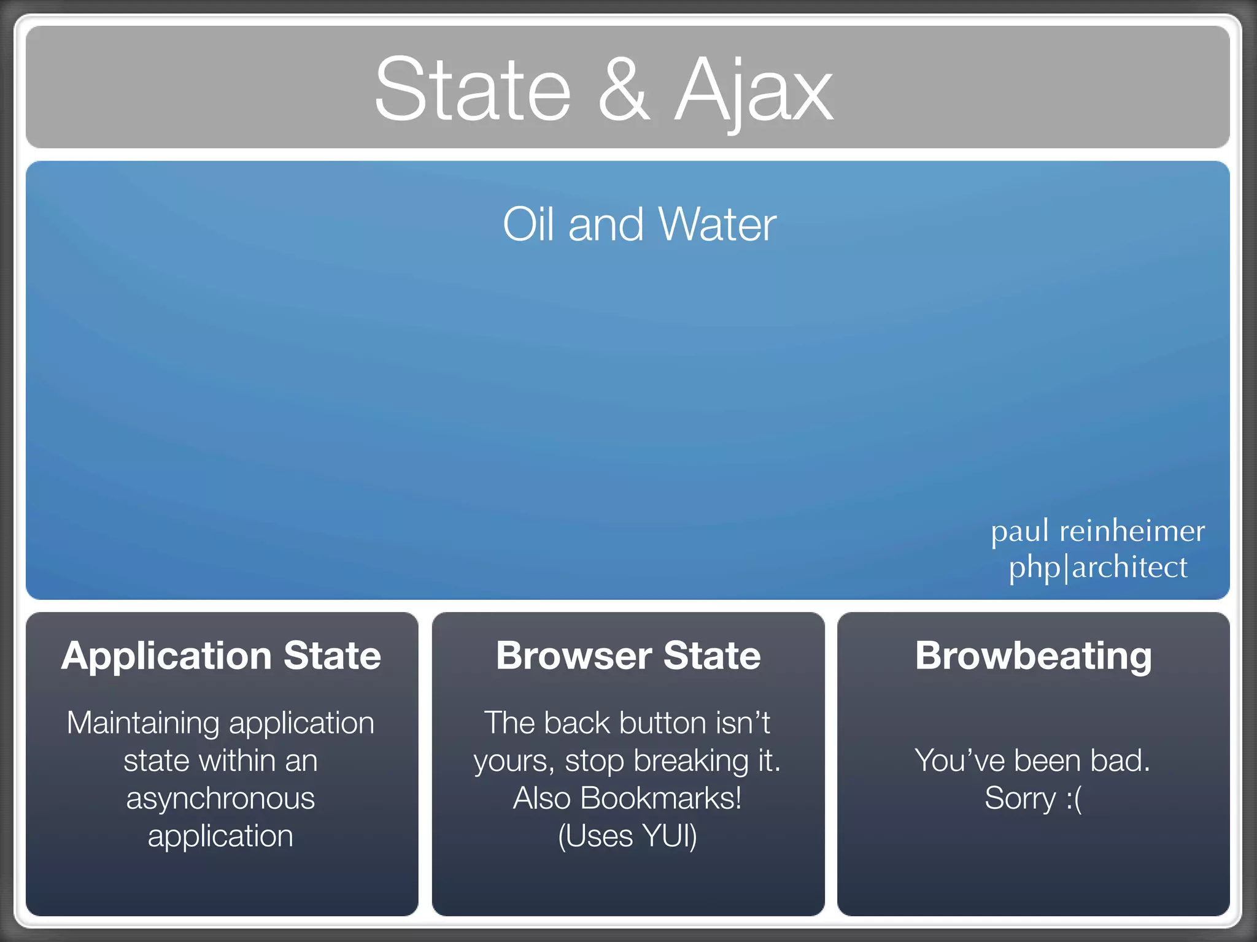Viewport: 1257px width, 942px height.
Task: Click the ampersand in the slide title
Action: [624, 90]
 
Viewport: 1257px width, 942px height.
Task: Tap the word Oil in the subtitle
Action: [530, 224]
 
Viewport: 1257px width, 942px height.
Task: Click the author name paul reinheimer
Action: [1097, 531]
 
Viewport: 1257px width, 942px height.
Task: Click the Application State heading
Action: [221, 656]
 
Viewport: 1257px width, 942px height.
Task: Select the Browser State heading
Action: [628, 656]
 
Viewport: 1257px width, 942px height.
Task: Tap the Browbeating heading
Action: [1033, 656]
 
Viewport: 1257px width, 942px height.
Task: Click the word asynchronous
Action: [220, 798]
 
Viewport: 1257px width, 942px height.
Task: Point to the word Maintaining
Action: [143, 723]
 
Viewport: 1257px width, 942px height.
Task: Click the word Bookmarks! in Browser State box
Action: [660, 798]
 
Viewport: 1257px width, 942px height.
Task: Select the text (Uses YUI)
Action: [627, 836]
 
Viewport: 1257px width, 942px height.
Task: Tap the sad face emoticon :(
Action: [1074, 798]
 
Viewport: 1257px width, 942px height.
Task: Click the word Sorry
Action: [1020, 798]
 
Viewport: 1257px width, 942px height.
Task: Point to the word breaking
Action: [690, 761]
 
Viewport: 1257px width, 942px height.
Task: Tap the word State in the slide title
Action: [473, 90]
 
